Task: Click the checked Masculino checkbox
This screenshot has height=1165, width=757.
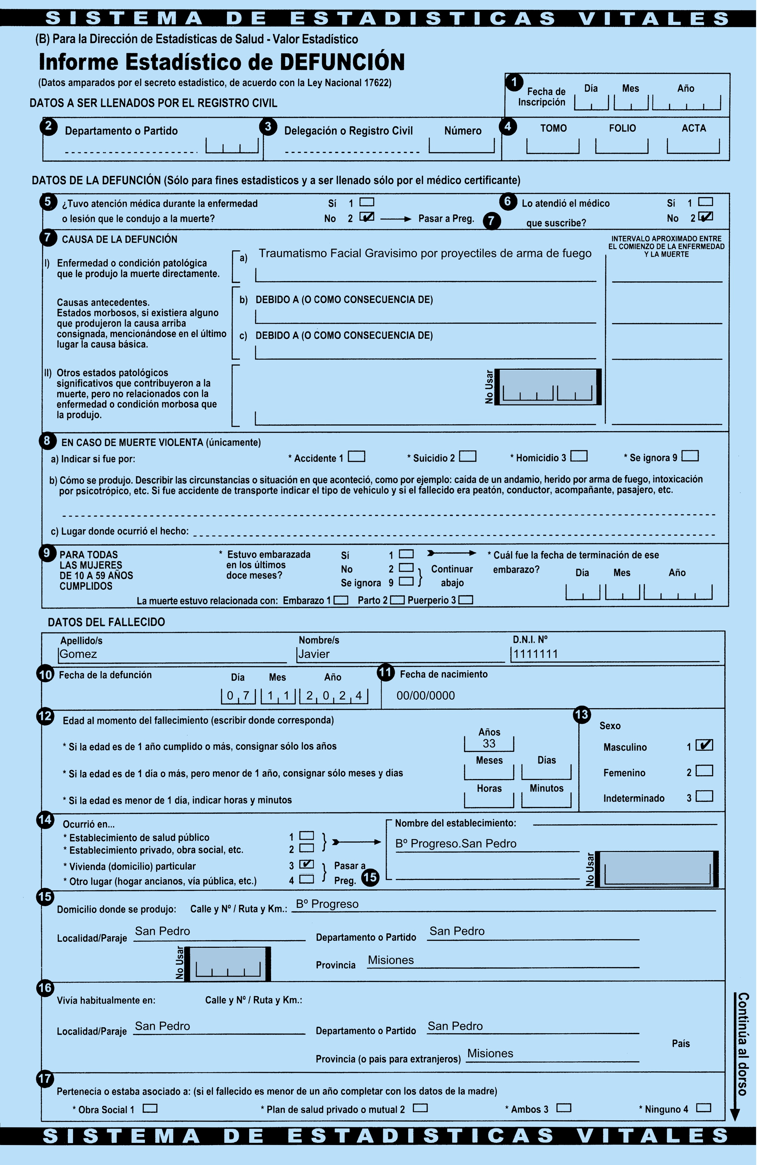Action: pos(704,745)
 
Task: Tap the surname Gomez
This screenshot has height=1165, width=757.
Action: pos(78,654)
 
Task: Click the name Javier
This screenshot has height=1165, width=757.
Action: pos(314,654)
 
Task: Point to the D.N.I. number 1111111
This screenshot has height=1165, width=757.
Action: pos(536,654)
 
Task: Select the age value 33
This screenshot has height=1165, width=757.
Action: pos(489,743)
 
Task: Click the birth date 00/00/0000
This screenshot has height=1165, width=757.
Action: pos(426,696)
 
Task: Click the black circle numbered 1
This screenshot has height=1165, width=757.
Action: pos(514,82)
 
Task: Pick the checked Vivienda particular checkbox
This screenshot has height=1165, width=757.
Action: pos(307,864)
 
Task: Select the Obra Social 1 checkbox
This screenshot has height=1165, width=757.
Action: pos(150,1108)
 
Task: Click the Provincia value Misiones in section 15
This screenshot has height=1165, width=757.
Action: pos(391,960)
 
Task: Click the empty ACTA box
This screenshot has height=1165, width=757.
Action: pos(693,146)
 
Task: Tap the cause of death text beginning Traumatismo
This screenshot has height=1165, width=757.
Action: pos(425,254)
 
